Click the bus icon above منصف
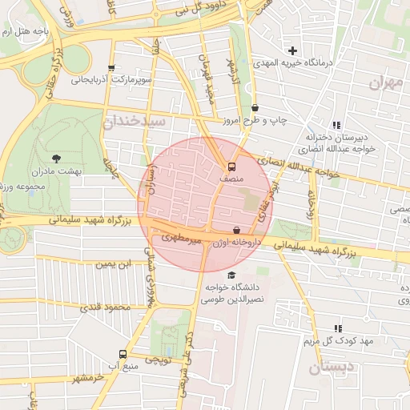pyautogui.click(x=231, y=167)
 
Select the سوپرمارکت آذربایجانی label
pyautogui.click(x=111, y=81)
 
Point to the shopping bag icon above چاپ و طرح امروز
pyautogui.click(x=255, y=107)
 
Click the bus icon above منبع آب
pyautogui.click(x=123, y=354)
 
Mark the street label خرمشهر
pyautogui.click(x=87, y=377)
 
